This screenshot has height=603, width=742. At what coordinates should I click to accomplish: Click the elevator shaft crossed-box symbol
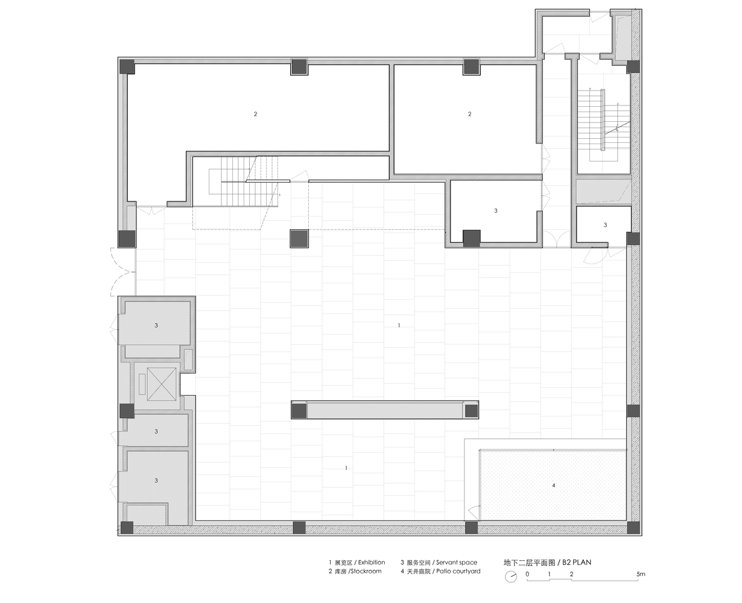tap(162, 384)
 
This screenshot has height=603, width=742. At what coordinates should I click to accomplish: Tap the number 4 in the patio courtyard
tap(554, 485)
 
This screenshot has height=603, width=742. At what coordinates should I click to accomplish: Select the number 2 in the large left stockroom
tap(255, 114)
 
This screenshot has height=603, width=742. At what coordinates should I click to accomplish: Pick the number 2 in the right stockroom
tap(469, 114)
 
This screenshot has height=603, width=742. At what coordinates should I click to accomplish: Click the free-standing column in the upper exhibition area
tap(299, 238)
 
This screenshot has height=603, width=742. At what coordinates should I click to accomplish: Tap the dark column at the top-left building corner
tap(127, 66)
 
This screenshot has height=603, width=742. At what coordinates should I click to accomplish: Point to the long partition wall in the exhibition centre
tap(385, 410)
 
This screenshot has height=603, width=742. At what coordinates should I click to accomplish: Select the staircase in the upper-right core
tap(604, 124)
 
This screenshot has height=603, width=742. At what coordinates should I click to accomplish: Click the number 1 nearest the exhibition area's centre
tap(399, 325)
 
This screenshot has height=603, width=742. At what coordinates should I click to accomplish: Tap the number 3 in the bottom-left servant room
tap(156, 481)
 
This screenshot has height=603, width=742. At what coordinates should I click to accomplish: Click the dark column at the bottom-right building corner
tap(633, 528)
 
